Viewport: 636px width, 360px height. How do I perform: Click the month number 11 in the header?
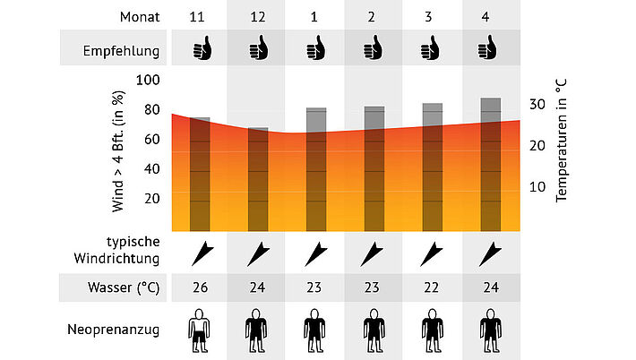tap(200, 17)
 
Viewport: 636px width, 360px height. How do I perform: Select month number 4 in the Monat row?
tap(489, 17)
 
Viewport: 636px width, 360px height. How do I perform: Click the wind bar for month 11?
tap(200, 174)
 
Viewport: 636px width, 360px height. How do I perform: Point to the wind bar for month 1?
tap(316, 169)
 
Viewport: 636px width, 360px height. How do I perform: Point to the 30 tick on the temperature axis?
tap(537, 104)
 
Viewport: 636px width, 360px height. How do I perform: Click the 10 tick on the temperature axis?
tap(537, 186)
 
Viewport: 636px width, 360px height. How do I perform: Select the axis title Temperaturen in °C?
tap(562, 139)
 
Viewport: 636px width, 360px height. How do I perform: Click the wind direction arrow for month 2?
tap(374, 253)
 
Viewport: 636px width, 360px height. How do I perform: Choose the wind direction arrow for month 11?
tap(200, 253)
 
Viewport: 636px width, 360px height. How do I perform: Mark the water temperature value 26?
tap(200, 288)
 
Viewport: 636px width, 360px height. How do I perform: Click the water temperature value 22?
tap(432, 288)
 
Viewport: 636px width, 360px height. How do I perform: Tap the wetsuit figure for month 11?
tap(200, 330)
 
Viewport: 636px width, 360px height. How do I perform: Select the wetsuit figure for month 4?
tap(489, 330)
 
